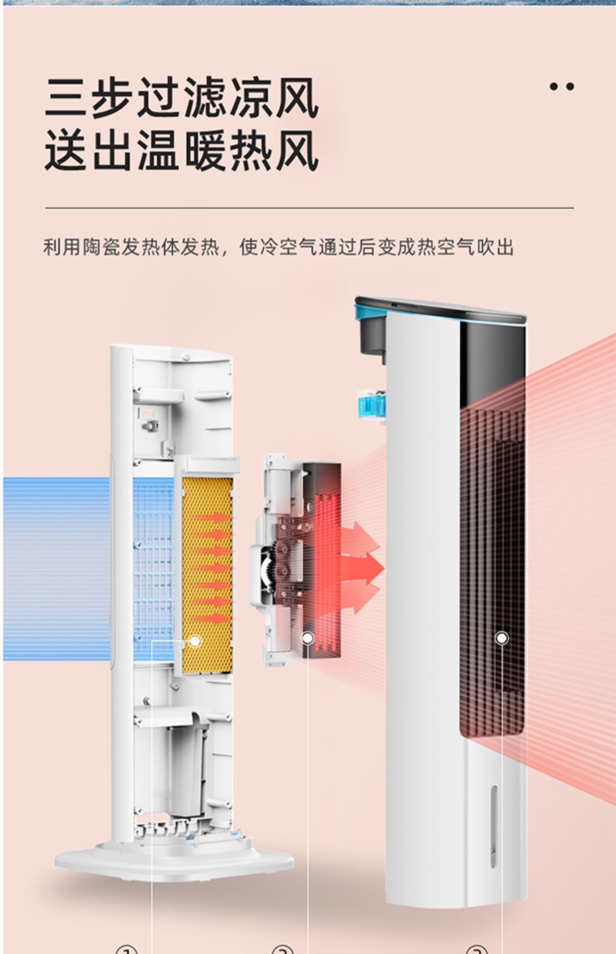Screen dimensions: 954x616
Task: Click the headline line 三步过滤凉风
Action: (181, 98)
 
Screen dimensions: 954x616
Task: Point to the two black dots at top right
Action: (562, 86)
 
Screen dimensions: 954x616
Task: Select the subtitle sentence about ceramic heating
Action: (278, 247)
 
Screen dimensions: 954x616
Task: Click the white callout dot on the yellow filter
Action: (195, 641)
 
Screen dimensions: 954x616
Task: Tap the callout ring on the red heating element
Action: (307, 638)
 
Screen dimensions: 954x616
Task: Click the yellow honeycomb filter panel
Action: (207, 575)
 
